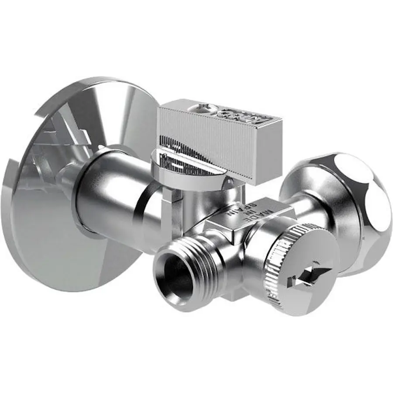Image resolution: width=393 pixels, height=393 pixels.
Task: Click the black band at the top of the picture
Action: click(196, 35)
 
